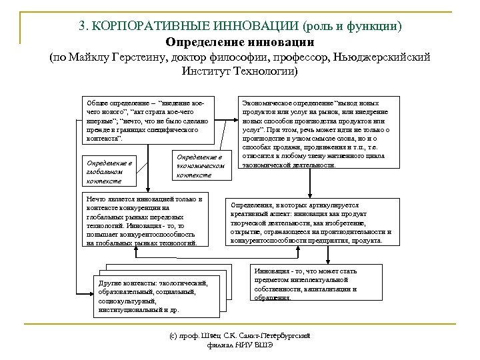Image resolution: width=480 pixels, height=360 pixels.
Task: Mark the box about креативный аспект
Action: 311,222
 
